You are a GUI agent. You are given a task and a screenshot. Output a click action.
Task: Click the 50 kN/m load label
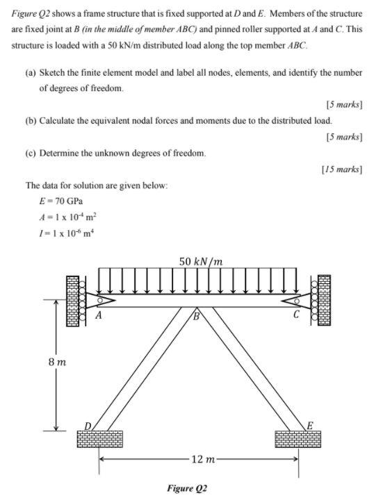coord(201,262)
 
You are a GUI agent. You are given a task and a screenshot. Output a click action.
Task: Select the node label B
coord(197,317)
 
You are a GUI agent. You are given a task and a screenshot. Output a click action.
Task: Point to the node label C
coord(296,315)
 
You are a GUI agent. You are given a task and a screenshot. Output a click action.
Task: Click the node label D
coord(88,424)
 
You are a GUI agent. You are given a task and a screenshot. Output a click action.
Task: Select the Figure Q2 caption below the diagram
coord(187,487)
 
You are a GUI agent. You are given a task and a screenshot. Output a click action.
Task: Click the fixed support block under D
coord(101,438)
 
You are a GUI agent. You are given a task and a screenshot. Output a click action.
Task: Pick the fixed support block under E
coord(298,438)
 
